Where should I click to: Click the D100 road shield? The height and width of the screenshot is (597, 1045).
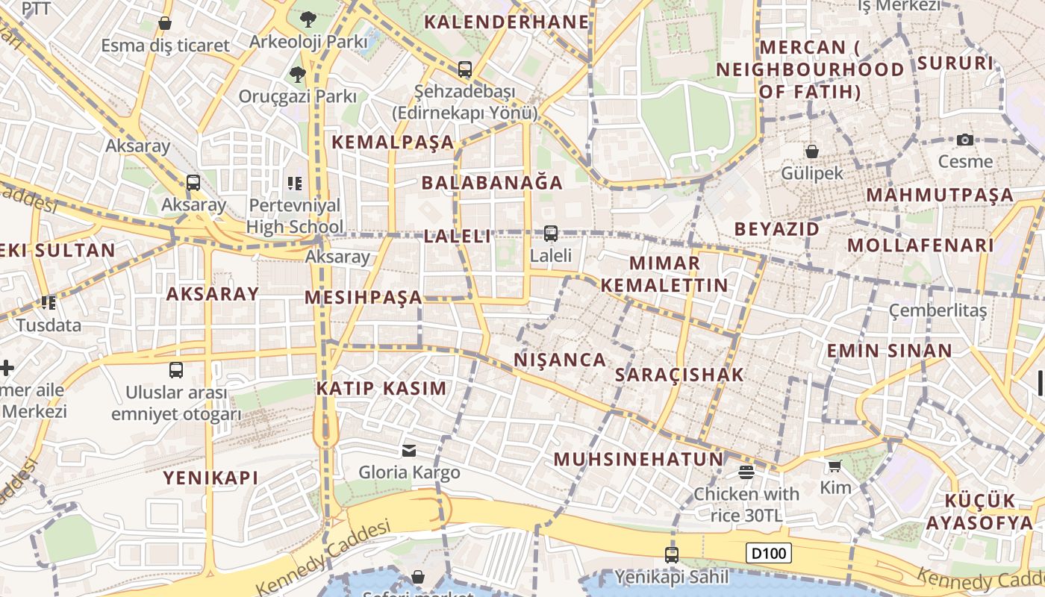coord(768,554)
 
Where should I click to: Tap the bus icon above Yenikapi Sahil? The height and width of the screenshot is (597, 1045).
coord(672,554)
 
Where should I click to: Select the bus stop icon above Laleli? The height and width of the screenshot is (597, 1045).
coord(551,233)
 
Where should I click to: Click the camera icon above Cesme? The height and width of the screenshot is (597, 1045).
coord(965,140)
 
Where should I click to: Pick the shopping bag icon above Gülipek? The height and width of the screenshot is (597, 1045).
coord(812,151)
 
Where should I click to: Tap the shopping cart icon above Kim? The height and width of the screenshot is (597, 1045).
coord(835,466)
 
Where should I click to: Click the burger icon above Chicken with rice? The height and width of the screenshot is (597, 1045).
coord(746,472)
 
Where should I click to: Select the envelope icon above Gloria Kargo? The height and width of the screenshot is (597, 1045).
coord(409,450)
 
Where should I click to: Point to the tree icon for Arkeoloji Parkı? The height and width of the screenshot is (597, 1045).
coord(308,19)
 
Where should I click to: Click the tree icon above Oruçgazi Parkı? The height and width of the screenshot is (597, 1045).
coord(297,74)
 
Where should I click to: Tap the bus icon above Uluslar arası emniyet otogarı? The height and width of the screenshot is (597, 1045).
coord(176,369)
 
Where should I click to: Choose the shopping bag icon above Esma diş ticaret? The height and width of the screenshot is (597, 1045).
coord(165,24)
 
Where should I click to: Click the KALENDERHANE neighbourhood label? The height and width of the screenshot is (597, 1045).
coord(506,22)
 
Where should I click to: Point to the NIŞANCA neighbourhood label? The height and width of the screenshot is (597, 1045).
coord(560,360)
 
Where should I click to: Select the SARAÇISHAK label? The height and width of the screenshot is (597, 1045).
coord(679,375)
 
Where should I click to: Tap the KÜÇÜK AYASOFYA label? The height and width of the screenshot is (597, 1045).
coord(979,511)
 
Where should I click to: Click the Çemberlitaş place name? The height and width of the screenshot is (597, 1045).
coord(938,310)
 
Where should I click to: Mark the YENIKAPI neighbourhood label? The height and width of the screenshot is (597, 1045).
coord(210,478)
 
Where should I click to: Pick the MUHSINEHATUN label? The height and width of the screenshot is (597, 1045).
coord(638,459)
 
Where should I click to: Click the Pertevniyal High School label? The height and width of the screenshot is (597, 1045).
coord(295,216)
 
